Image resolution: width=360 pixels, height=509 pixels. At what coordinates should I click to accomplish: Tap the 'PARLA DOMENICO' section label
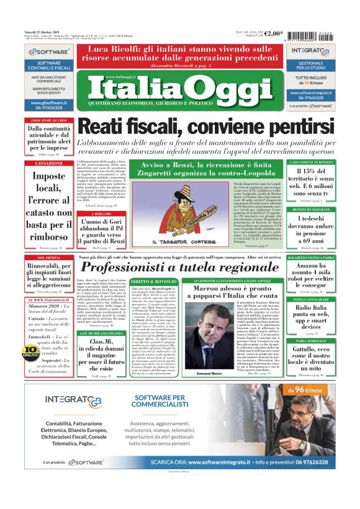[320, 341]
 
